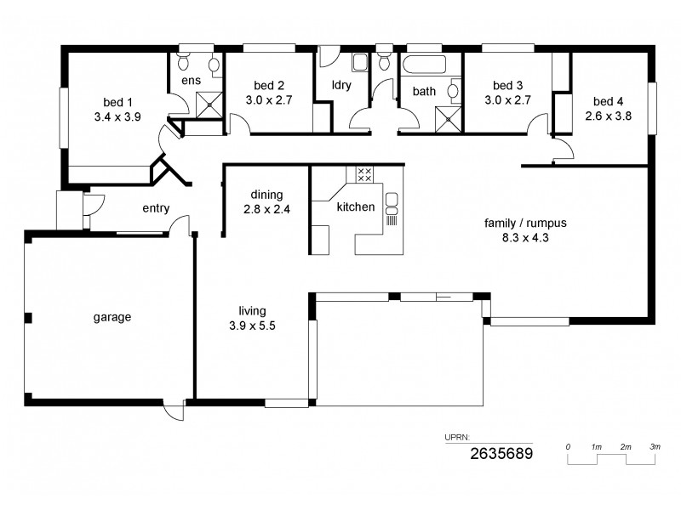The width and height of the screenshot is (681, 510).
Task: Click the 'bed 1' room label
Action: [112, 98]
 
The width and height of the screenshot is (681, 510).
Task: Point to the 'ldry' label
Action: [341, 85]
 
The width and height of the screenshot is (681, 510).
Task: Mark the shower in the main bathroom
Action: [448, 117]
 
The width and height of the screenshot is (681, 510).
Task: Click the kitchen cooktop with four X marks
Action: [364, 175]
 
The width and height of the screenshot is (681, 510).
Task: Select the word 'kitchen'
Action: [356, 207]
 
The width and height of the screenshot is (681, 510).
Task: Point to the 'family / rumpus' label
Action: [525, 224]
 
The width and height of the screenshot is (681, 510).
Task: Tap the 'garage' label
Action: [112, 317]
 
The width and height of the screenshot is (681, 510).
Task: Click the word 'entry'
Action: [156, 207]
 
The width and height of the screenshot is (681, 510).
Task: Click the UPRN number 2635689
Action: [501, 454]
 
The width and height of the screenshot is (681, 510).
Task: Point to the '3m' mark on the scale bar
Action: [654, 447]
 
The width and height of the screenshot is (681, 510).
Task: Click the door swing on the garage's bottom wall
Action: [173, 411]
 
